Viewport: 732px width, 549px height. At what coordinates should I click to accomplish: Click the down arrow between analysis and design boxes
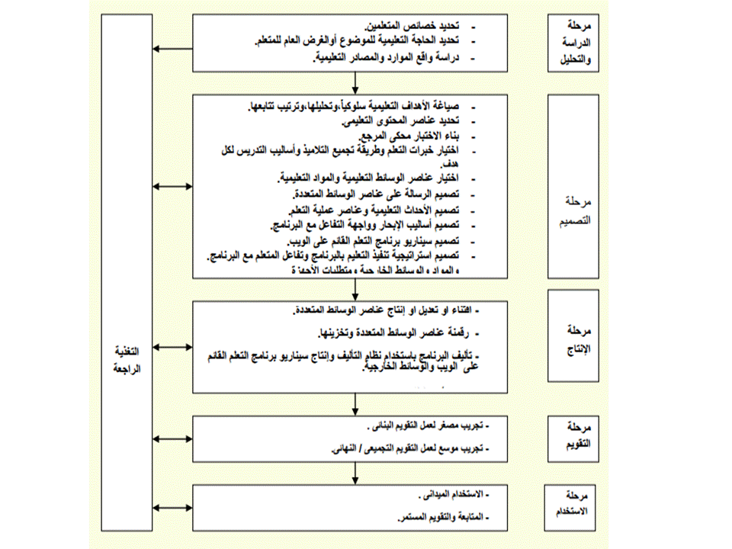tap(356, 83)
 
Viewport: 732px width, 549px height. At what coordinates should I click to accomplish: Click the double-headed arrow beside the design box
tap(171, 185)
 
